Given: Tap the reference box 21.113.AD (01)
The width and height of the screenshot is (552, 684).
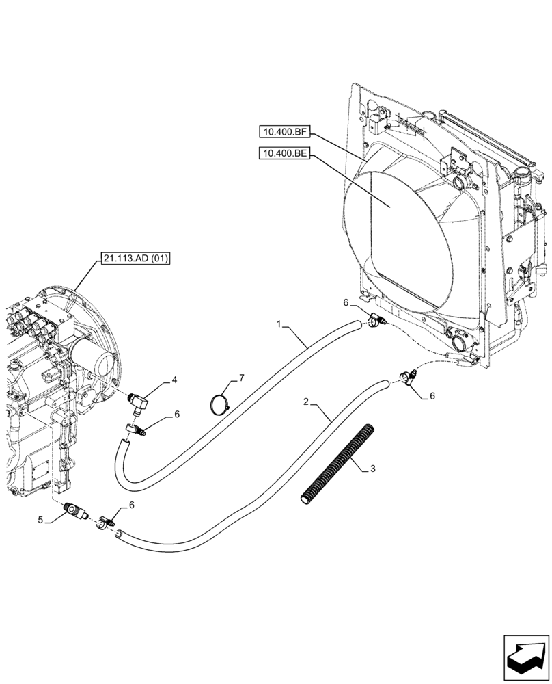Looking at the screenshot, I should [x=136, y=258].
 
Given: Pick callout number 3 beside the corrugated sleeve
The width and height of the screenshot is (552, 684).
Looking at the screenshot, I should [x=374, y=468].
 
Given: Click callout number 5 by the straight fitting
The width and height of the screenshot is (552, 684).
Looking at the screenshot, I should [x=41, y=520].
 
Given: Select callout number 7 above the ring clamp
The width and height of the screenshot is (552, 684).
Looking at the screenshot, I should [x=240, y=377].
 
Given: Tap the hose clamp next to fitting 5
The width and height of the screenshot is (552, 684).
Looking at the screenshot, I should [x=105, y=523].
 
